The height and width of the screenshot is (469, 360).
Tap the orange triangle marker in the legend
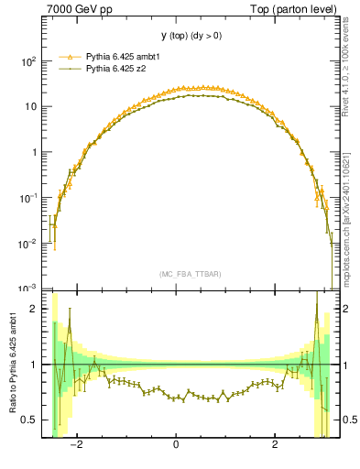coord(70,56)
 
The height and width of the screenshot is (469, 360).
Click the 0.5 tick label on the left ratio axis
coord(29,420)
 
